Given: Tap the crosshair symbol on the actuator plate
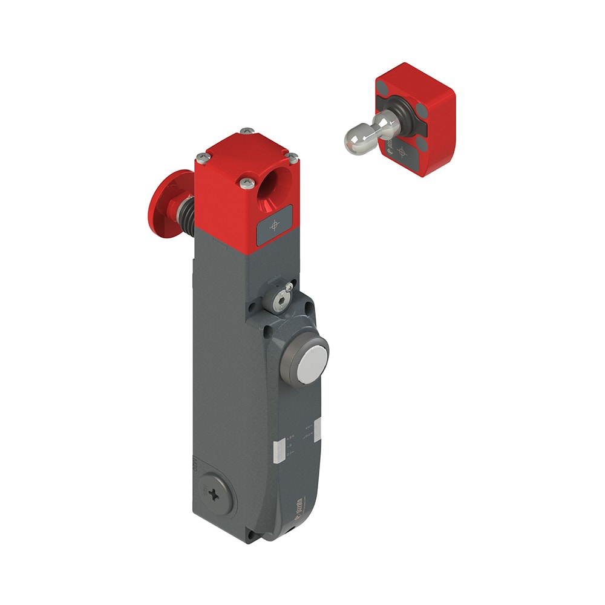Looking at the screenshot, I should point(401,151).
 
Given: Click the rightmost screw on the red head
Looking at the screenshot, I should point(293,158).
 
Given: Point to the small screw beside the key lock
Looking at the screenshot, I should point(290,287).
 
